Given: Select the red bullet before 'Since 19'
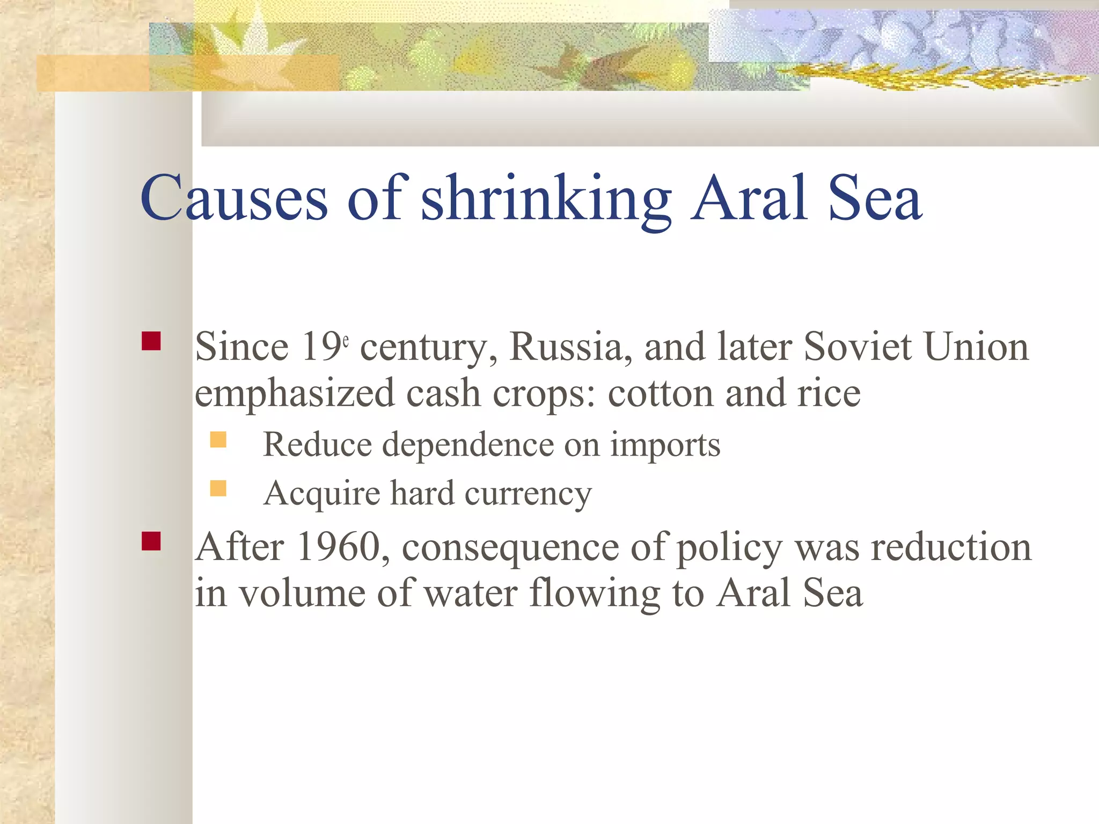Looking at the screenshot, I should click(x=151, y=341).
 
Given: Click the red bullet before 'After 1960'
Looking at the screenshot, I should click(x=151, y=541).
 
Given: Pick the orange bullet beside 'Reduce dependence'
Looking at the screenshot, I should click(x=218, y=440).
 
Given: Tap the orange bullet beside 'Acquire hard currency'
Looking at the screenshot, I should click(x=218, y=488).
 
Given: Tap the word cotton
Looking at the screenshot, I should click(x=661, y=393).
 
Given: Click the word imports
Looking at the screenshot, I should click(x=665, y=445).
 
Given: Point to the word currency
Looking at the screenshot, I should click(x=528, y=494).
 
